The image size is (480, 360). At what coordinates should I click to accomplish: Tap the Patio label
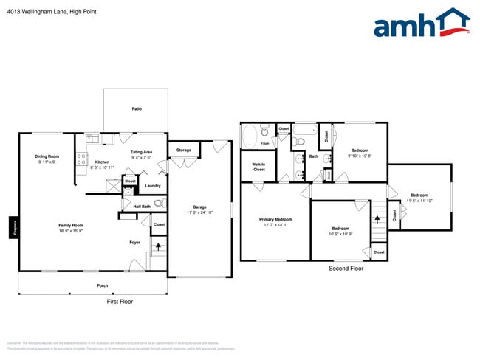[x=137, y=108]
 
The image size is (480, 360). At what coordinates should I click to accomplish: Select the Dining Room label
[x=47, y=156]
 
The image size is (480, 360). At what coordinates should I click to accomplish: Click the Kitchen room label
[x=102, y=162]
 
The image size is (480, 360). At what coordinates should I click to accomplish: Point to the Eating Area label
[x=141, y=153]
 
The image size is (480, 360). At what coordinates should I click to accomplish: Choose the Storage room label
[x=183, y=150]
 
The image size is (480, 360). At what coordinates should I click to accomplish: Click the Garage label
[x=199, y=207]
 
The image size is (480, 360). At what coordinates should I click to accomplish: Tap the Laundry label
[x=153, y=185]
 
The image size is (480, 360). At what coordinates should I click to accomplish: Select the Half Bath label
[x=141, y=206]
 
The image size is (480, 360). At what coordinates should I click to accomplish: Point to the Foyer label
[x=135, y=241]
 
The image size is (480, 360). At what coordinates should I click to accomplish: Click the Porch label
[x=102, y=285]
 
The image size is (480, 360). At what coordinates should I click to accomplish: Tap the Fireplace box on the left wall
[x=13, y=227]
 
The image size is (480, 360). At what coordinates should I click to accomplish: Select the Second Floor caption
[x=346, y=269]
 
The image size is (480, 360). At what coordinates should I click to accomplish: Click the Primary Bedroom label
[x=275, y=219]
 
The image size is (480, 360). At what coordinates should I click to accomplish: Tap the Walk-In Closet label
[x=258, y=167]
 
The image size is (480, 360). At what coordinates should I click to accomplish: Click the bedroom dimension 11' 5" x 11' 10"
[x=419, y=201]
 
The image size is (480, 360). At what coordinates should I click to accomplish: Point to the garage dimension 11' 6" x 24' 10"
[x=199, y=212]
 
